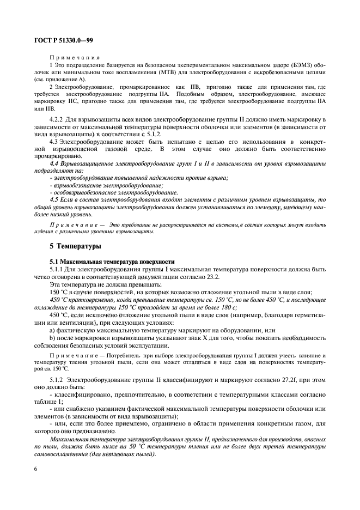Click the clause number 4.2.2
(x=58, y=119)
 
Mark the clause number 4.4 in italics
(x=55, y=163)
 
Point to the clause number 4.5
(x=55, y=200)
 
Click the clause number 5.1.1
(x=59, y=269)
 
